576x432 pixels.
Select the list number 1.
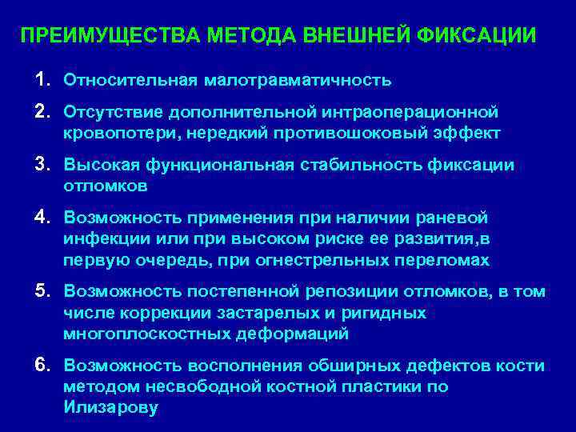(42, 80)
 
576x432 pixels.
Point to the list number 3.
(42, 165)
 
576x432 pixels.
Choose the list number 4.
(42, 218)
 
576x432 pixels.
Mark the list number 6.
(42, 366)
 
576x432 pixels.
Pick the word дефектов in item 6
(454, 366)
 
